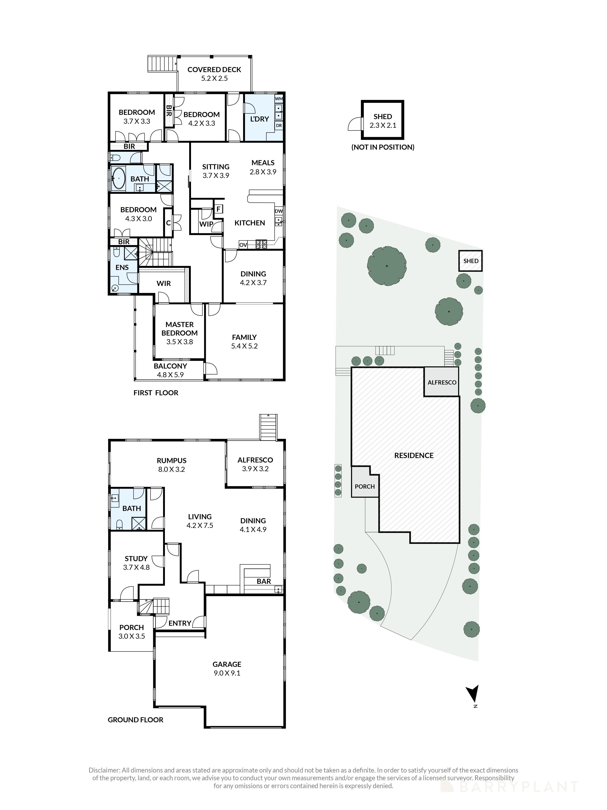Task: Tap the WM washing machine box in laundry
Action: pos(279,99)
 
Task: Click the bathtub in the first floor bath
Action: pos(118,178)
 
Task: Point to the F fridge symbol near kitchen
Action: pos(219,209)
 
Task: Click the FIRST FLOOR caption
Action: pos(156,393)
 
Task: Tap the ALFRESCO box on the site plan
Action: pos(442,382)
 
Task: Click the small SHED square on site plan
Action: pos(470,261)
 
